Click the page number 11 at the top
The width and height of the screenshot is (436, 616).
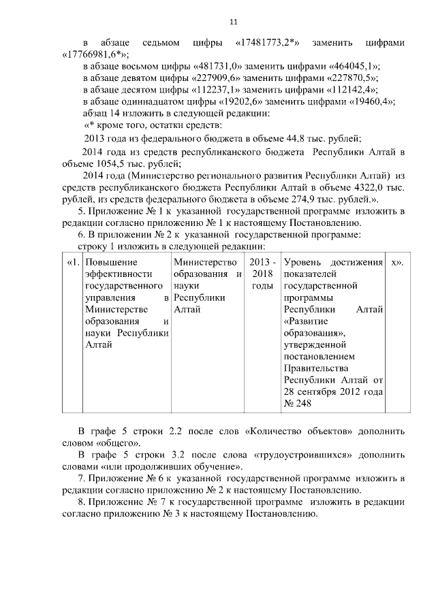tap(234, 22)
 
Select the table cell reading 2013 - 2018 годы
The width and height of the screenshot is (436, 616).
tap(262, 274)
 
